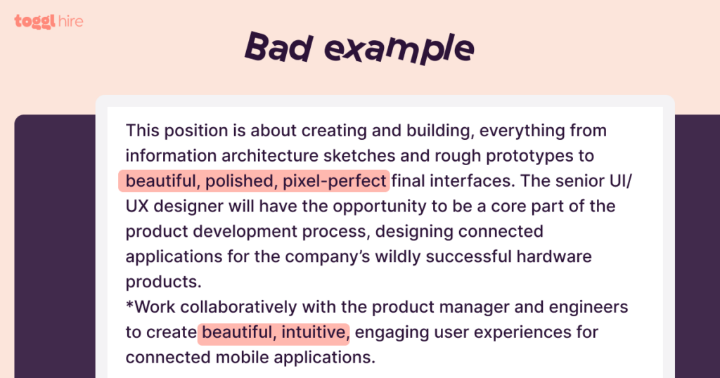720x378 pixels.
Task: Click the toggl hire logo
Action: coord(49,21)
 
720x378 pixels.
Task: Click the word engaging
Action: coord(392,332)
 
